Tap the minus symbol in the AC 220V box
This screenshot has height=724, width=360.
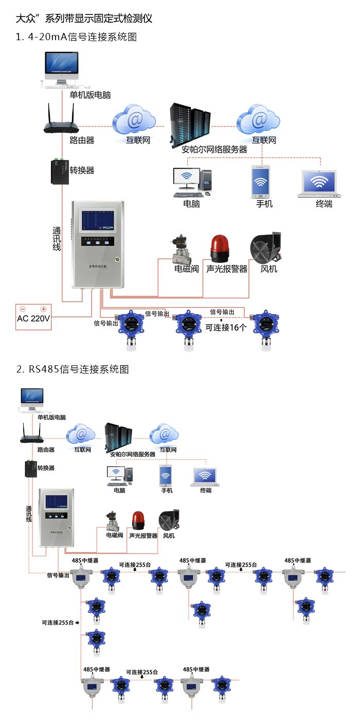pyautogui.click(x=23, y=309)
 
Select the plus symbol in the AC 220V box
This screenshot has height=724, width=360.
pyautogui.click(x=44, y=309)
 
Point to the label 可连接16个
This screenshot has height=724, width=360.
pyautogui.click(x=226, y=327)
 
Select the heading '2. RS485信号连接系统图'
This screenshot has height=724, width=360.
pyautogui.click(x=72, y=369)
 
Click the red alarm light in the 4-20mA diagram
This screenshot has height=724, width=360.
pyautogui.click(x=220, y=249)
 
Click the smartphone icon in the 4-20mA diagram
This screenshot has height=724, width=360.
pyautogui.click(x=260, y=182)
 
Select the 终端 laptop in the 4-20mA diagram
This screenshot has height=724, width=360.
pyautogui.click(x=320, y=184)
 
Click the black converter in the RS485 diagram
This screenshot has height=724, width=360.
pyautogui.click(x=30, y=469)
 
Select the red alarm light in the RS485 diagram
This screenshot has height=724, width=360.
pyautogui.click(x=138, y=520)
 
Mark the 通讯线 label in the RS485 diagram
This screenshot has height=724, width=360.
pyautogui.click(x=29, y=514)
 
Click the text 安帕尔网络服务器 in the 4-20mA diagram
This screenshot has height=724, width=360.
pyautogui.click(x=214, y=149)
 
